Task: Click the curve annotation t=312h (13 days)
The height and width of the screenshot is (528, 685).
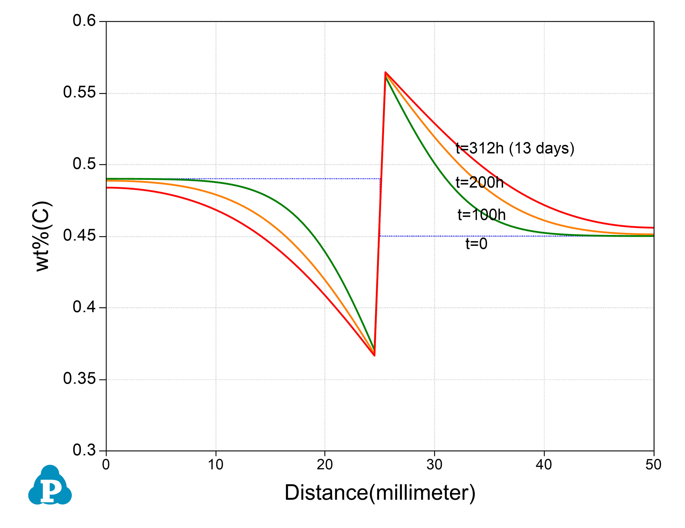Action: click(515, 148)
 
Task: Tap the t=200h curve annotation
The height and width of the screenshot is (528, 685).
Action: click(479, 183)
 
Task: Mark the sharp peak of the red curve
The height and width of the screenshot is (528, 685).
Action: click(385, 72)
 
